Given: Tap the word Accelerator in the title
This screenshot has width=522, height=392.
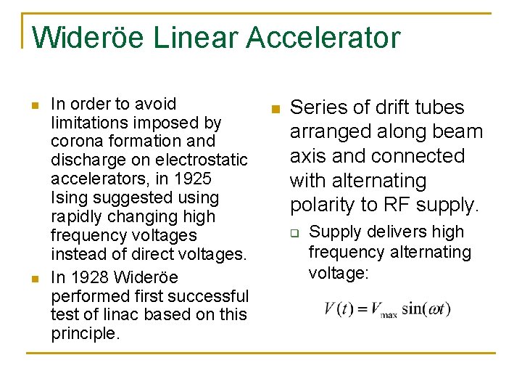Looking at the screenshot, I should (323, 38).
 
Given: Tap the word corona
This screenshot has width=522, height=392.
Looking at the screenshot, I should (75, 141).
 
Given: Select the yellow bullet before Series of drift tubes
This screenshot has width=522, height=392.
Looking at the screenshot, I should (274, 110).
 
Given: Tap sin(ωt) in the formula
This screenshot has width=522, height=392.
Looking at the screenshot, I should (426, 309).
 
